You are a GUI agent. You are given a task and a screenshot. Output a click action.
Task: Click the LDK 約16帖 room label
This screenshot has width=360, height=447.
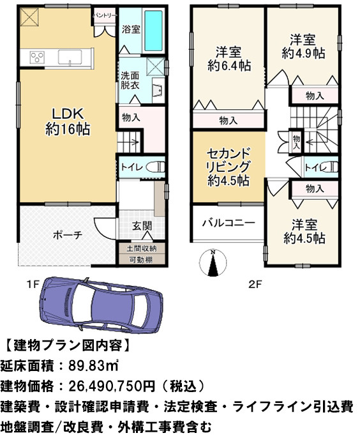pyautogui.click(x=67, y=121)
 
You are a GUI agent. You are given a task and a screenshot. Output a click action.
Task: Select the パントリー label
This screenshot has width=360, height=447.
pyautogui.click(x=103, y=13)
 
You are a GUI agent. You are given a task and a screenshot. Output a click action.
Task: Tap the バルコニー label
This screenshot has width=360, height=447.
pyautogui.click(x=229, y=223)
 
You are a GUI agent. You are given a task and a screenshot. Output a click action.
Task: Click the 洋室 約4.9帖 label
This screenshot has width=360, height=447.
pyautogui.click(x=302, y=45)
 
